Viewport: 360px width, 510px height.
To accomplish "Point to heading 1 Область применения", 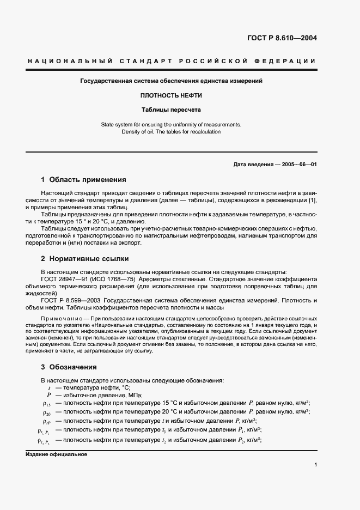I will click(83, 179).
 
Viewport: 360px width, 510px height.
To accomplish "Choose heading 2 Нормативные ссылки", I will click(85, 258).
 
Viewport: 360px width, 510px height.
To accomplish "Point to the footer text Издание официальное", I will click(56, 454).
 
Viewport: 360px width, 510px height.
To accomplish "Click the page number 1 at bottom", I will click(315, 464).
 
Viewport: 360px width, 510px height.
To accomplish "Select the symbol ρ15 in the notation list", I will click(46, 404).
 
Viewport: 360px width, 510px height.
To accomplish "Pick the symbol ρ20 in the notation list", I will click(46, 412).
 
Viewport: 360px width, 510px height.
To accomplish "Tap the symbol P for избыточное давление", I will click(49, 394).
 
